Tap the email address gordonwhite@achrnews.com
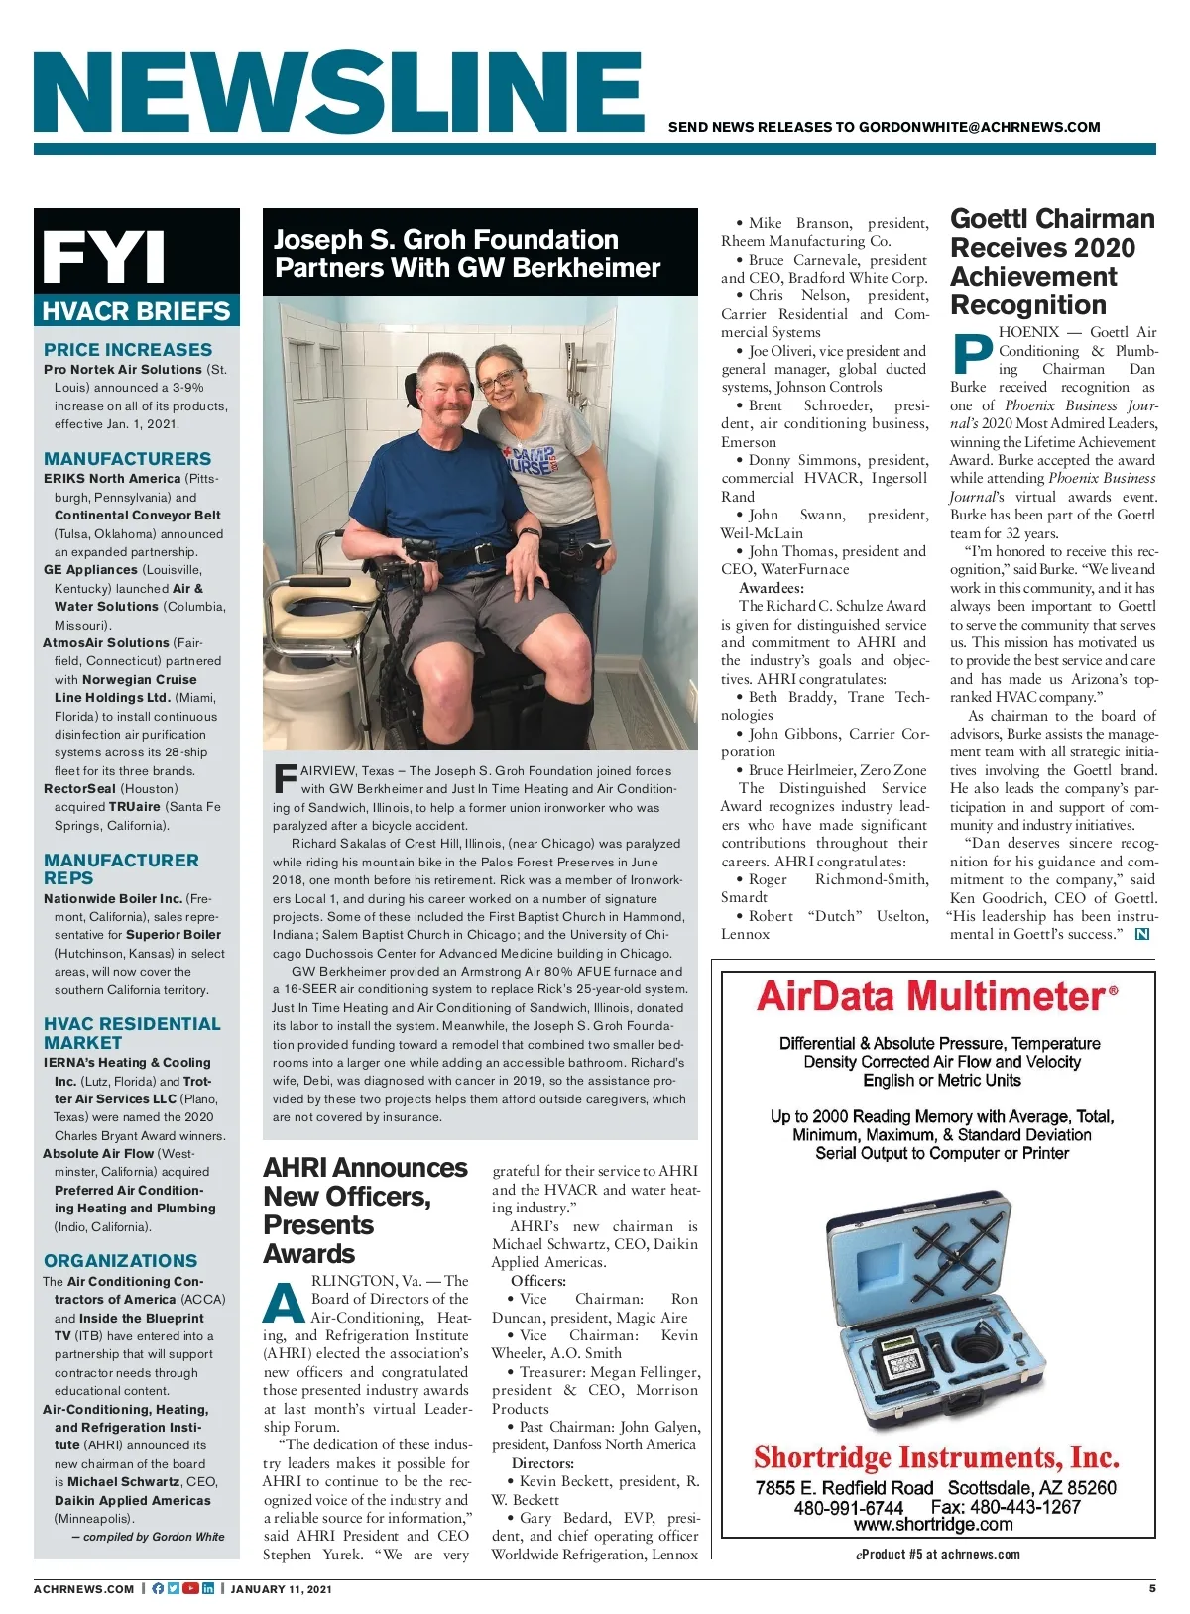[979, 127]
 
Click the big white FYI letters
[104, 257]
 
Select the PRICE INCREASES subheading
[127, 349]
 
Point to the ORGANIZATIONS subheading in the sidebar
[120, 1260]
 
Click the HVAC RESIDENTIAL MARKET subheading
[131, 1033]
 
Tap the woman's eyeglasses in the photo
[499, 379]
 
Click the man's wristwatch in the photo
[529, 532]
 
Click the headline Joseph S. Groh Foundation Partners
[466, 253]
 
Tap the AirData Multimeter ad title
[936, 995]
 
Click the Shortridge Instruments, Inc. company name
[936, 1457]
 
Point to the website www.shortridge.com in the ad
[933, 1524]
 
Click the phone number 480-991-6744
[848, 1507]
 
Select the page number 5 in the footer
[1152, 1588]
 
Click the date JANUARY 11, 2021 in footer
[281, 1589]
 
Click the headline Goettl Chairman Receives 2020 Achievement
[1051, 262]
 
